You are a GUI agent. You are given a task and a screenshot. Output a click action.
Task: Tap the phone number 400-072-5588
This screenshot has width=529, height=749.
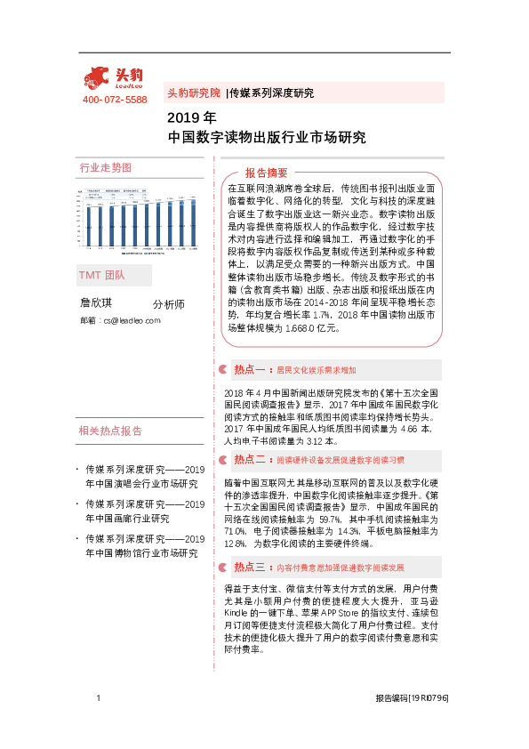point(115,100)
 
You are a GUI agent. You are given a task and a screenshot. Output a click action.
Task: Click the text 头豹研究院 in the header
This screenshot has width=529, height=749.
point(193,93)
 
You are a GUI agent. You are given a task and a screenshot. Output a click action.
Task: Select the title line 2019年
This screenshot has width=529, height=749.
point(191,117)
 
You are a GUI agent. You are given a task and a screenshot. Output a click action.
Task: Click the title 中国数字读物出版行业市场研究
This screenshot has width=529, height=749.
point(267,138)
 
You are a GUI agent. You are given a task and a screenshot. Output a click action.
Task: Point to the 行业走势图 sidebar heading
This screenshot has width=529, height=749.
point(106,167)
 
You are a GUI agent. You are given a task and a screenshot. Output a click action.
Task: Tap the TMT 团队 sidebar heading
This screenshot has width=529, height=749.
point(103,275)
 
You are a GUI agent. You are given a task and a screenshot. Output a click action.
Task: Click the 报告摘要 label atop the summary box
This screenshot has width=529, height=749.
point(267,173)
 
